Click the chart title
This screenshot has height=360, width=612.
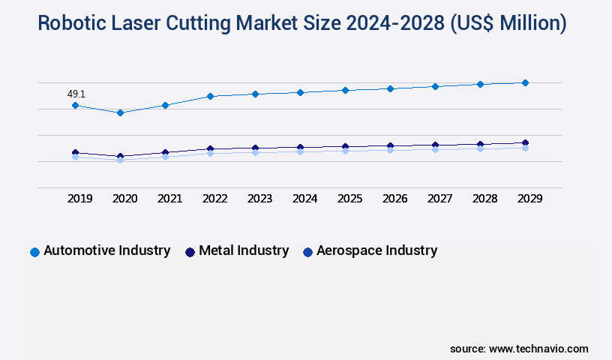[x=302, y=23]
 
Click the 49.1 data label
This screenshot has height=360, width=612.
[x=76, y=94]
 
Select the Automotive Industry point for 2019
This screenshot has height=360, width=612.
[x=75, y=106]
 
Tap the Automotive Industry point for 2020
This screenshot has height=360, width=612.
[x=120, y=112]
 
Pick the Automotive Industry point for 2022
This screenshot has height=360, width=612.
[x=210, y=96]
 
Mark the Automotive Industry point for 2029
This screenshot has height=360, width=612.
[x=525, y=82]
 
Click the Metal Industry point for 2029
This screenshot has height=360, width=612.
[x=525, y=142]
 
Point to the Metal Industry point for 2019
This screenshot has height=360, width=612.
[x=75, y=152]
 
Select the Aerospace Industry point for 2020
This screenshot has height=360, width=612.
[x=120, y=160]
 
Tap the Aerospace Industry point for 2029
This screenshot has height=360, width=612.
[x=525, y=148]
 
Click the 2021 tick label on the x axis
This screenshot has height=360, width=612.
[x=170, y=199]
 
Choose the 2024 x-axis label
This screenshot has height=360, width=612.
[x=305, y=199]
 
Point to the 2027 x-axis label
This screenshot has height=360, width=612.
[x=440, y=199]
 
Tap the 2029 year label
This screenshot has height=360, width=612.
[x=530, y=199]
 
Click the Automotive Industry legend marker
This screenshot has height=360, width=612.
[x=34, y=252]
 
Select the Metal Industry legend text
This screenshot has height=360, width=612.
[x=244, y=251]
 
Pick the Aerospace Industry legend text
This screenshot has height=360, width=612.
[x=376, y=251]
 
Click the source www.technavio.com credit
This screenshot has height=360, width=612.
[x=519, y=349]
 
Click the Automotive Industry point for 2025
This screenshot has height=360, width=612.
[x=345, y=90]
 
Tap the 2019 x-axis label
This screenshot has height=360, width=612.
[x=80, y=199]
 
